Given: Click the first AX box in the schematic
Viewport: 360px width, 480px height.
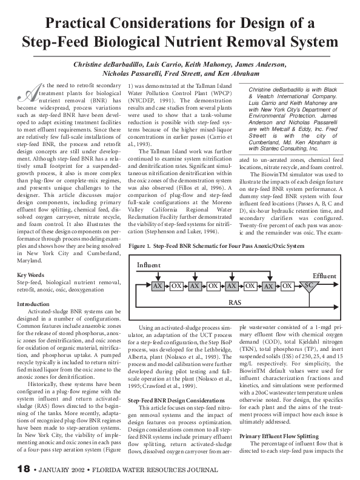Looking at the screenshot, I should coord(157,285).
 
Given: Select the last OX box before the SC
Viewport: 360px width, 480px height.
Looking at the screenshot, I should coord(288,285).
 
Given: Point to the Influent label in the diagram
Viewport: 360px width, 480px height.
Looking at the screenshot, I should coord(148,265).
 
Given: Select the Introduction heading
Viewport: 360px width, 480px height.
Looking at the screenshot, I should coord(33,304).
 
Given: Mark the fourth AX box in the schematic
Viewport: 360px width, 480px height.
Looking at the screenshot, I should coord(269,285).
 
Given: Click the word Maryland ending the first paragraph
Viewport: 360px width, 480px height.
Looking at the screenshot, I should coord(32,262).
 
